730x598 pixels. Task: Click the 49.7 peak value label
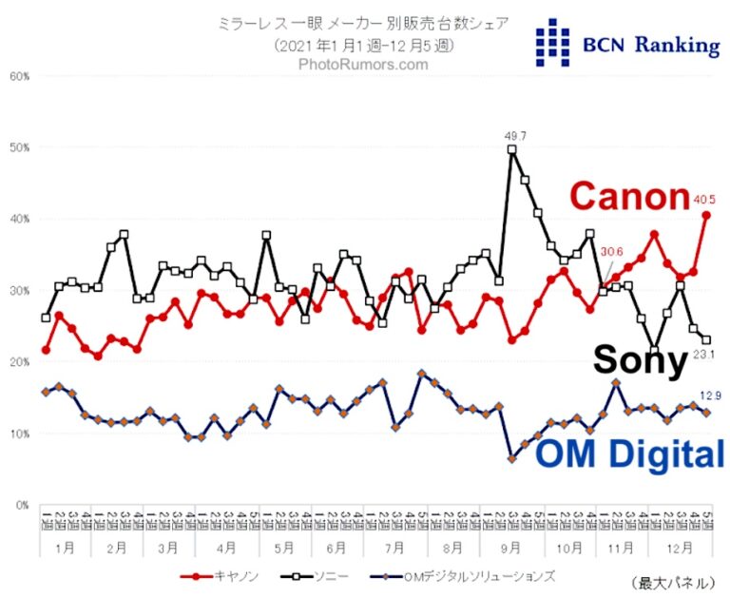[514, 137]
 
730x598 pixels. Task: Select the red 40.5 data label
[703, 201]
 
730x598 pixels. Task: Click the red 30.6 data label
[610, 252]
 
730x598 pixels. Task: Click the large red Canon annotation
[629, 197]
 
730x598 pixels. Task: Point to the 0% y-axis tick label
[21, 505]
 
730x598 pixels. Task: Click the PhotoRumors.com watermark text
[364, 65]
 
